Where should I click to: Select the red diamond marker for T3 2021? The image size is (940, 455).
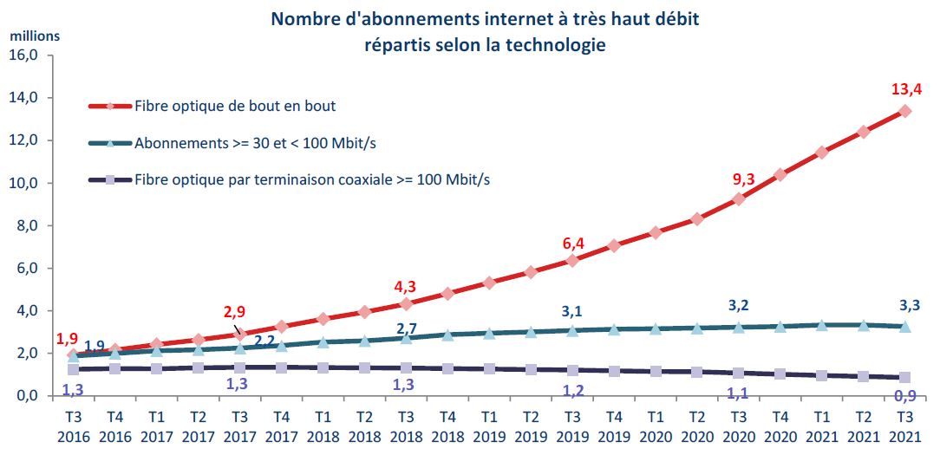pos(904,111)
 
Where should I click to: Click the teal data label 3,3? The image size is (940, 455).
pos(905,304)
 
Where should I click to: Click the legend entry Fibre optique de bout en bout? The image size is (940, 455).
pos(235,107)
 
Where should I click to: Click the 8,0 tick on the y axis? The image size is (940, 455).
pos(30,225)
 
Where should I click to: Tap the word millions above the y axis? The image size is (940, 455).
pos(35,36)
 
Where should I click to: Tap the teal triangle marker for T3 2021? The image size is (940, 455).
pos(904,326)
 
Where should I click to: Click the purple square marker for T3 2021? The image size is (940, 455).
pos(904,378)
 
